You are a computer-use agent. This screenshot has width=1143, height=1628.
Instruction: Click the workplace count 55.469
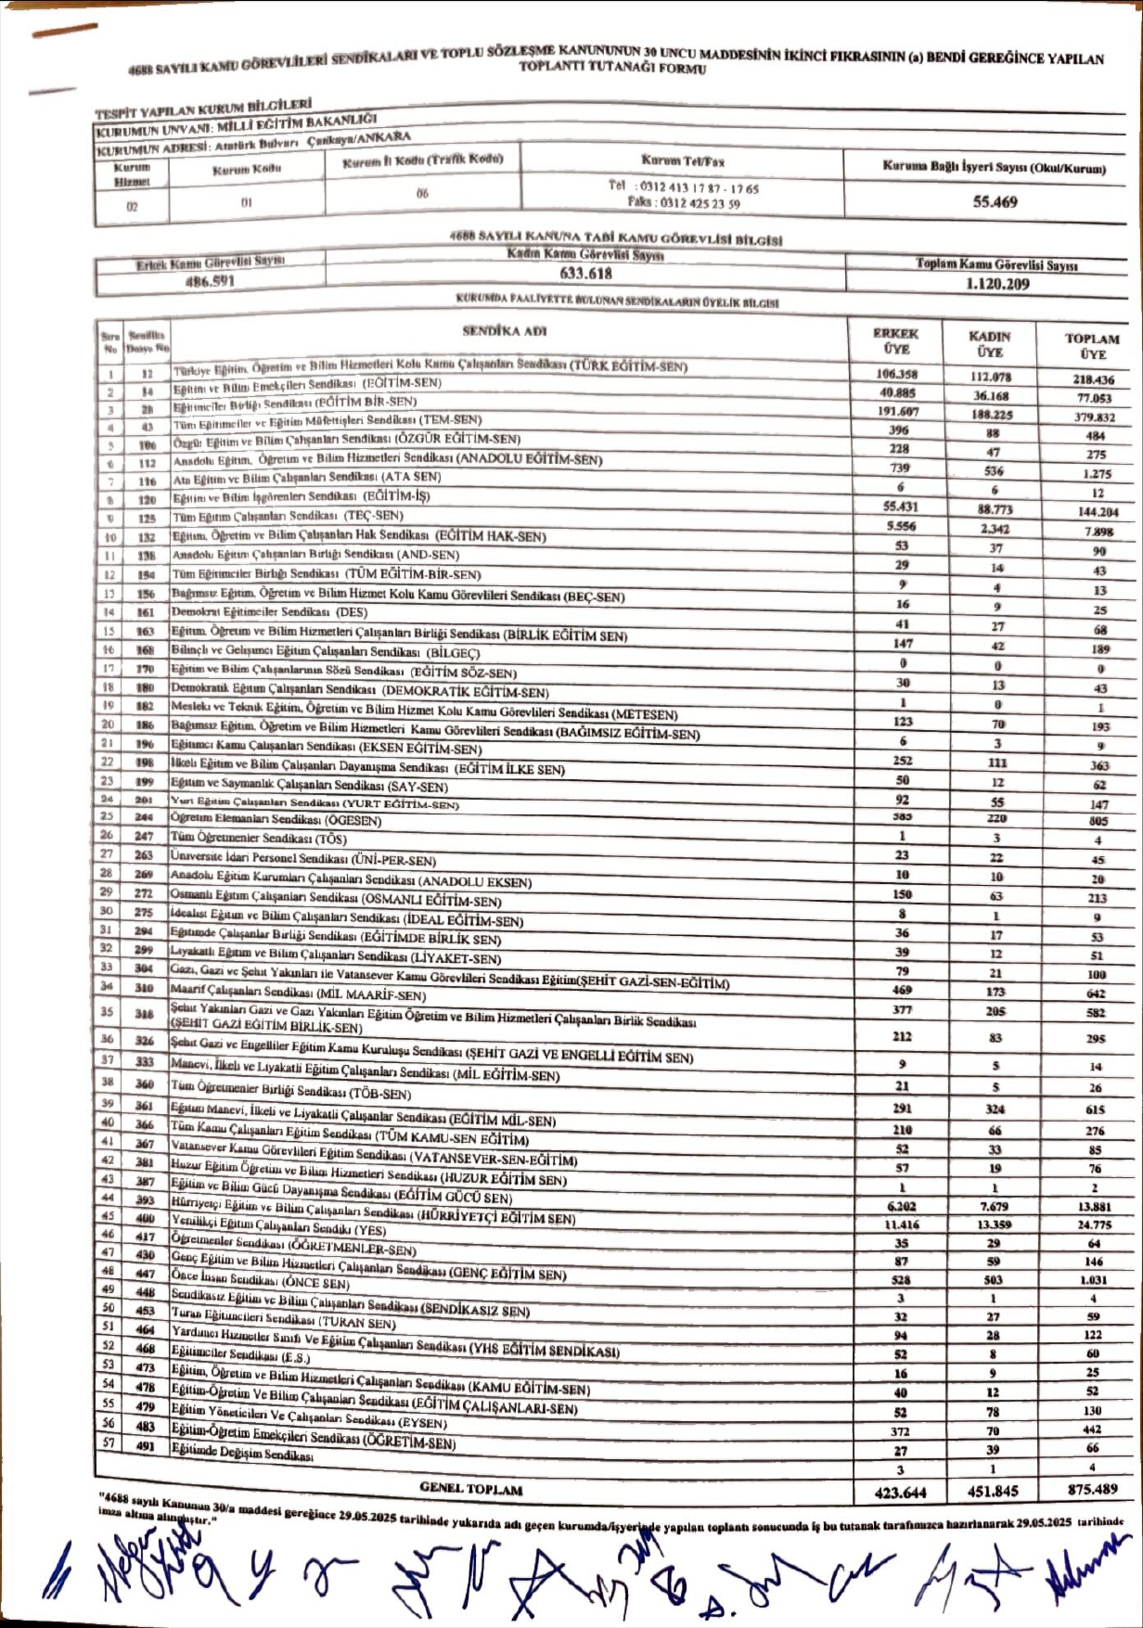995,201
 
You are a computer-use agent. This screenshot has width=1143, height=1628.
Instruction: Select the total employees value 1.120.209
997,284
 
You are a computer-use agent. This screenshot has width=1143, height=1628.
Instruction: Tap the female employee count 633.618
585,273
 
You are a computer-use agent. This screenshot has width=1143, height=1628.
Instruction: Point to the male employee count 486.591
210,280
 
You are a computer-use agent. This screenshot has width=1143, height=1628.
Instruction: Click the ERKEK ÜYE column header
895,341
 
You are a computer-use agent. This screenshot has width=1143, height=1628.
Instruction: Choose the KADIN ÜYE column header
989,344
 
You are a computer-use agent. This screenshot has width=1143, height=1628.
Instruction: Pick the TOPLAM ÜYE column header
1092,346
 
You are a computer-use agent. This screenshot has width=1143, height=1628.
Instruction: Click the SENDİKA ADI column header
505,330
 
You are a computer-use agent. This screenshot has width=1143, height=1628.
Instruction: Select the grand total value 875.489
1092,1489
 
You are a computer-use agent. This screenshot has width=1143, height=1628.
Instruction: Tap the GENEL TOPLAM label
471,1488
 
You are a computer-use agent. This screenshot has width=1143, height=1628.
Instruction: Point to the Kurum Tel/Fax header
682,160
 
